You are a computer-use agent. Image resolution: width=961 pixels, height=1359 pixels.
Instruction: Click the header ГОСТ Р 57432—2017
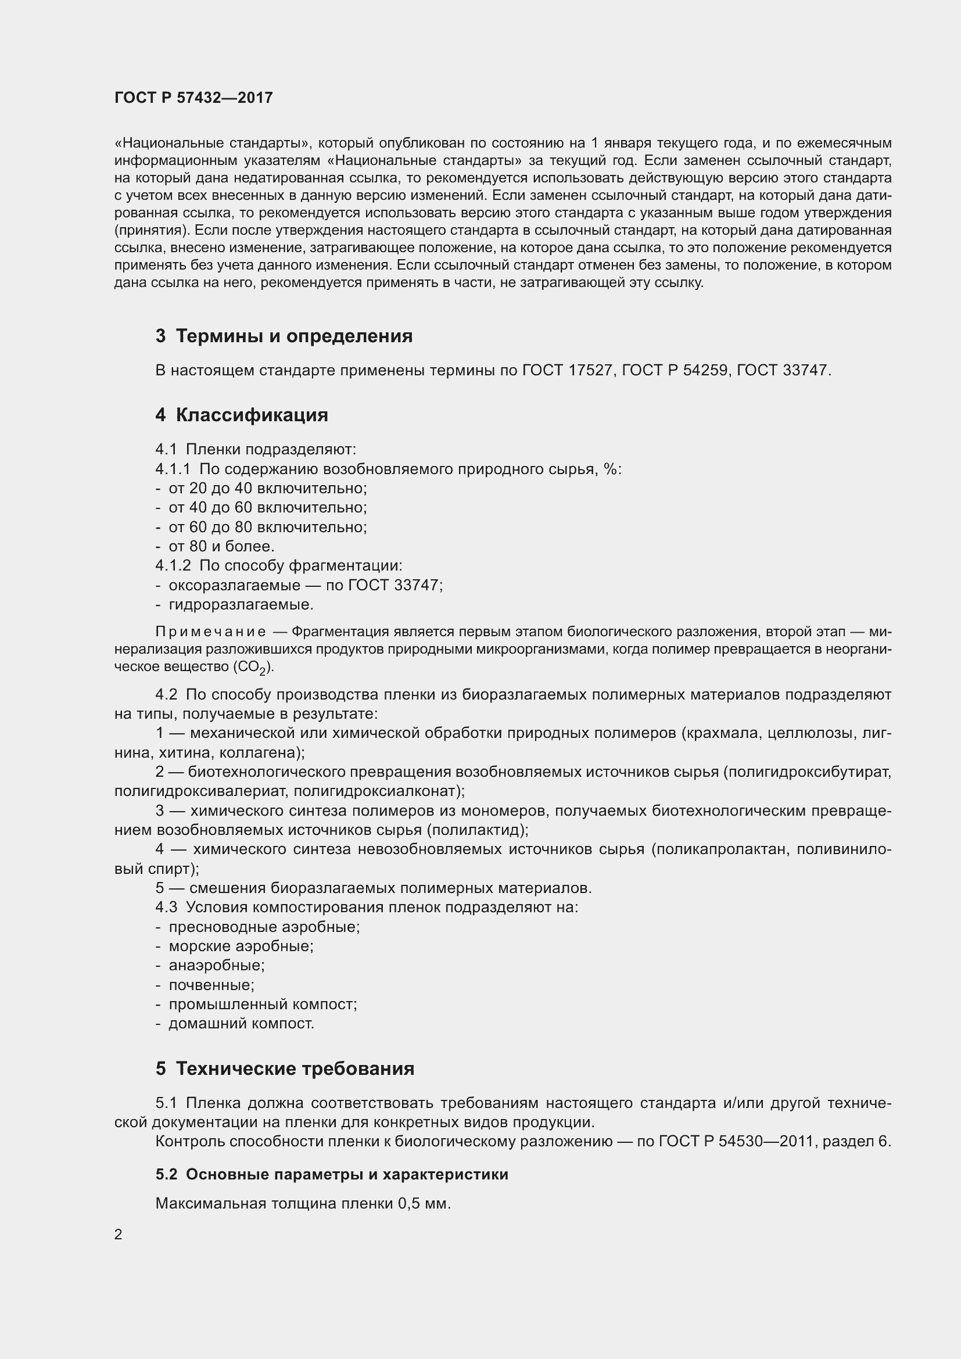pyautogui.click(x=193, y=98)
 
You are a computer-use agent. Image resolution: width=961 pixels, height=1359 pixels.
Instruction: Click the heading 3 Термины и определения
pyautogui.click(x=284, y=336)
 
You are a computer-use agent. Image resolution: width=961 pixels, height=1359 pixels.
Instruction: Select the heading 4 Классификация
pyautogui.click(x=242, y=415)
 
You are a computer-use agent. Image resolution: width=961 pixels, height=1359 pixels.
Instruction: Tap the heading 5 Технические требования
pyautogui.click(x=285, y=1069)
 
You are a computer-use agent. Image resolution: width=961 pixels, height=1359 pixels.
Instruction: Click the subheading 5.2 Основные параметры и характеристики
pyautogui.click(x=332, y=1174)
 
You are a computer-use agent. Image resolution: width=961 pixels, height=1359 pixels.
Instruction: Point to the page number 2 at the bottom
pyautogui.click(x=119, y=1235)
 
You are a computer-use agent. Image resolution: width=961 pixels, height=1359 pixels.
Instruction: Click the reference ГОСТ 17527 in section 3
pyautogui.click(x=567, y=371)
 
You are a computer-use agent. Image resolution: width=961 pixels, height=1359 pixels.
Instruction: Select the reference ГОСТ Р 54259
pyautogui.click(x=675, y=371)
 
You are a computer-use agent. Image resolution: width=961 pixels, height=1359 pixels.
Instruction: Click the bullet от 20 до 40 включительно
pyautogui.click(x=267, y=488)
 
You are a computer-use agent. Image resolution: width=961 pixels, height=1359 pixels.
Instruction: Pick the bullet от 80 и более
pyautogui.click(x=221, y=546)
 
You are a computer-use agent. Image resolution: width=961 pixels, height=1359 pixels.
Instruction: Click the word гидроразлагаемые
pyautogui.click(x=241, y=605)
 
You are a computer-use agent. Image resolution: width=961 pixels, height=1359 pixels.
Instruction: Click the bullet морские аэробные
pyautogui.click(x=241, y=946)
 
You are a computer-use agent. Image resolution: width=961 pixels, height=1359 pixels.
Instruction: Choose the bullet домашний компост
pyautogui.click(x=242, y=1023)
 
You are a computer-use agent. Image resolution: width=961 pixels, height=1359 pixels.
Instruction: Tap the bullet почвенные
pyautogui.click(x=211, y=985)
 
